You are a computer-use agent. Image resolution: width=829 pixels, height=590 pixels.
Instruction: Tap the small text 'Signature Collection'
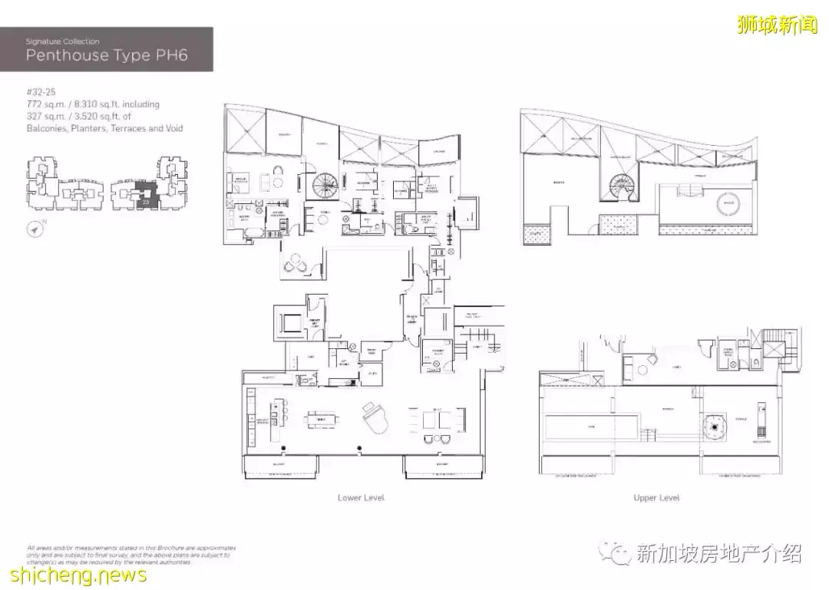[62, 41]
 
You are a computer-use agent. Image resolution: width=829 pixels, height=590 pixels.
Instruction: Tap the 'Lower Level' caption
[361, 498]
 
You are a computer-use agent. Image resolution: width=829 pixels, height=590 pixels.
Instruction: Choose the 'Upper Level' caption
[656, 498]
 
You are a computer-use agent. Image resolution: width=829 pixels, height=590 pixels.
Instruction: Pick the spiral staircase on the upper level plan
[617, 185]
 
